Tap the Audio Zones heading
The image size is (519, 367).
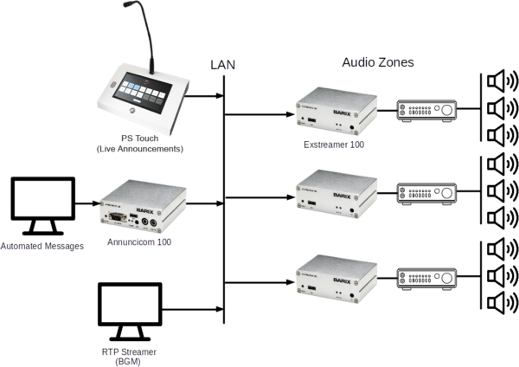click(x=377, y=62)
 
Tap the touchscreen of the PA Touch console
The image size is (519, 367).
click(x=141, y=89)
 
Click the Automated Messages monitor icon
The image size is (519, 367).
click(x=41, y=205)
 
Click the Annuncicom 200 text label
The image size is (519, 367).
click(x=138, y=243)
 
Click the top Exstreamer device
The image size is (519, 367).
click(x=334, y=112)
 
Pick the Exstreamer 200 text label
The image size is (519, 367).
click(x=334, y=145)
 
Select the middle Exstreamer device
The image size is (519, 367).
click(x=334, y=193)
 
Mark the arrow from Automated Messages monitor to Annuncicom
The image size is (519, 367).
click(x=86, y=205)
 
